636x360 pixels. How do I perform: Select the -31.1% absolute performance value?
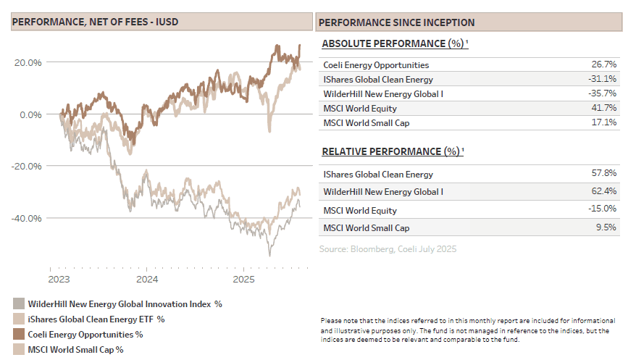coord(605,79)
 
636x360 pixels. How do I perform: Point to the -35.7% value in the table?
coord(605,93)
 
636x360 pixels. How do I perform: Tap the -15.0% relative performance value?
coord(605,210)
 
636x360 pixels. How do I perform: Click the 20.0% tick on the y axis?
coord(27,62)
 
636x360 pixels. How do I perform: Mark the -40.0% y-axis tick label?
coord(25,218)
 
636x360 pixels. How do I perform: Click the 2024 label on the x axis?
coord(147,279)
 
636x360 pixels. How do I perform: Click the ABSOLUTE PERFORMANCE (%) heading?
coord(394,43)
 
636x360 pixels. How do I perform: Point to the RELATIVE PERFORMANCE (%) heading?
coord(392,151)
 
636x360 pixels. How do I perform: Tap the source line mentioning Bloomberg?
coord(388,249)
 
